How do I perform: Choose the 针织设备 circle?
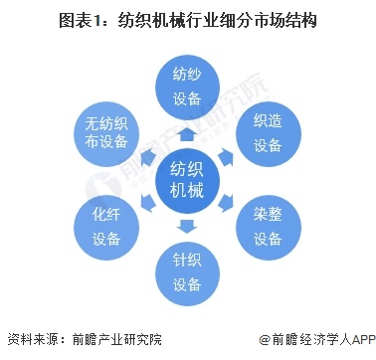187,272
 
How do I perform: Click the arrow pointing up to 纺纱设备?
187,132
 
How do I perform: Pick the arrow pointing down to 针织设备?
187,226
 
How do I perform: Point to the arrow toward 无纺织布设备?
147,155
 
